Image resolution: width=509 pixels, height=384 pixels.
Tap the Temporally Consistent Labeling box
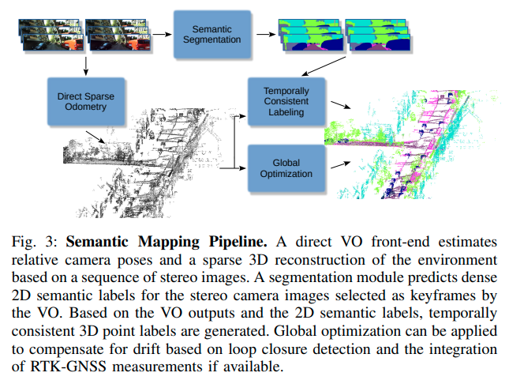pyautogui.click(x=286, y=102)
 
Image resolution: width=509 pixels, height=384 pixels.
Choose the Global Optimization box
pyautogui.click(x=286, y=168)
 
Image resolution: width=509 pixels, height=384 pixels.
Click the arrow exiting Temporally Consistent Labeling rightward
pyautogui.click(x=339, y=105)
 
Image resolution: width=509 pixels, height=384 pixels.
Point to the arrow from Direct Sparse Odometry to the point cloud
pyautogui.click(x=93, y=138)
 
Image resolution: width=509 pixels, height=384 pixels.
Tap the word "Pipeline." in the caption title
pyautogui.click(x=188, y=238)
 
